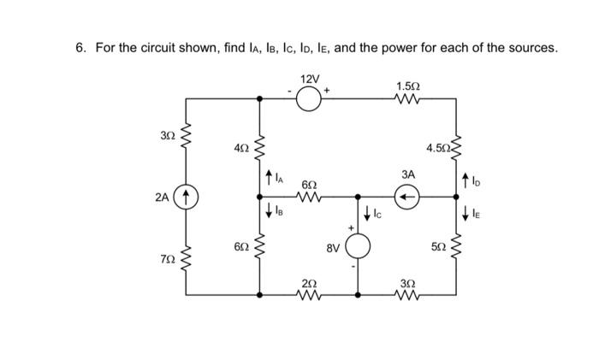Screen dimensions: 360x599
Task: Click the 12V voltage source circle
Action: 309,99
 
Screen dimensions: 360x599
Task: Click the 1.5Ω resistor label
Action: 408,86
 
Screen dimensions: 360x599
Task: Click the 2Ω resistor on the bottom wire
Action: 309,294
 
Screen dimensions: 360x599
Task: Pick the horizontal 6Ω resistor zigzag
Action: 309,196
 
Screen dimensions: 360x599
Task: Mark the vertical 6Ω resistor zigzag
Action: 261,248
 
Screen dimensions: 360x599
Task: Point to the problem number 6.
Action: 78,46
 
